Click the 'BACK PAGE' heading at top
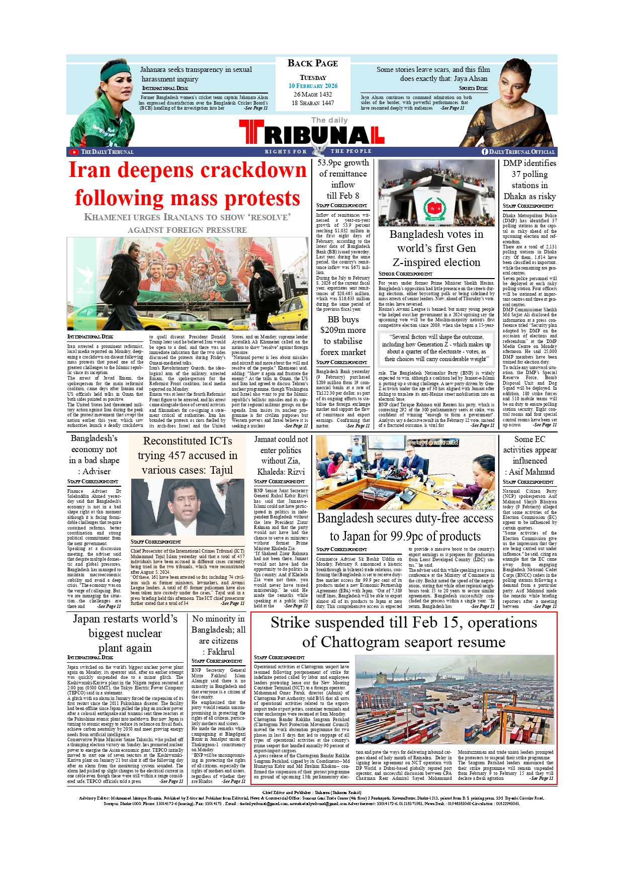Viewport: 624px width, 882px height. pyautogui.click(x=312, y=63)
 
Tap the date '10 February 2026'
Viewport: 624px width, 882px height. pyautogui.click(x=313, y=86)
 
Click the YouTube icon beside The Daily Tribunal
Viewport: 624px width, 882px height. pyautogui.click(x=74, y=152)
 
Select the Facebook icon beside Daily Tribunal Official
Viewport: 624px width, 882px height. pyautogui.click(x=485, y=152)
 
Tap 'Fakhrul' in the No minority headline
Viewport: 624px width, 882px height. pyautogui.click(x=221, y=652)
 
